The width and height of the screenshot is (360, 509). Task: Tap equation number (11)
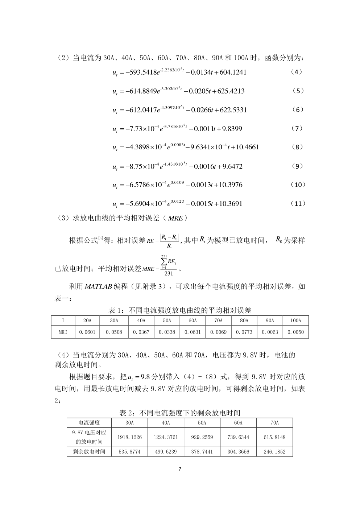(298, 203)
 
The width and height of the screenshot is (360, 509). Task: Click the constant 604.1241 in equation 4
(233, 72)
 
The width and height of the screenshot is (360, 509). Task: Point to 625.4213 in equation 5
(231, 91)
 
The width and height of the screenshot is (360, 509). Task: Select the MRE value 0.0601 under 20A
(87, 332)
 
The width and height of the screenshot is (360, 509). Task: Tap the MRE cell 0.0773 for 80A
(244, 332)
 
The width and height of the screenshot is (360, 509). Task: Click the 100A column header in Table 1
(295, 320)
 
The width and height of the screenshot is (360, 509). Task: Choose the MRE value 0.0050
(295, 332)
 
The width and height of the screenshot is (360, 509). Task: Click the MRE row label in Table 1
(63, 332)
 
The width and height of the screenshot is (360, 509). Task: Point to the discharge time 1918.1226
(129, 437)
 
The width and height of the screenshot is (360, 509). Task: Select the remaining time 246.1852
(274, 452)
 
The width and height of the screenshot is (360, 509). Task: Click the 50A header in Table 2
(202, 423)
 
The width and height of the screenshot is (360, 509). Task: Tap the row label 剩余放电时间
(89, 452)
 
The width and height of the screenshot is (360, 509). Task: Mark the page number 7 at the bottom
(180, 469)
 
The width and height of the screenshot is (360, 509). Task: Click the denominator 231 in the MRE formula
(169, 274)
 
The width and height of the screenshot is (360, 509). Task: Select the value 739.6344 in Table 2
(238, 437)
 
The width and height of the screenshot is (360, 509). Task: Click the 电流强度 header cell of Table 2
(89, 423)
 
